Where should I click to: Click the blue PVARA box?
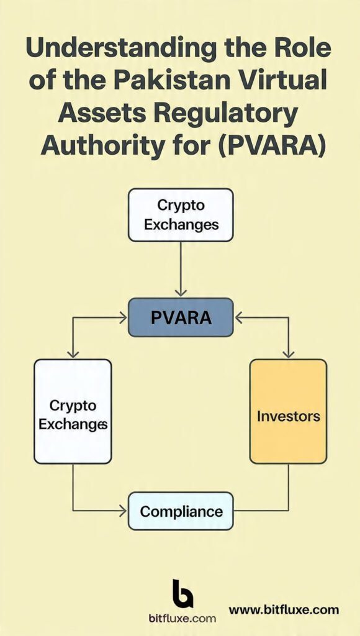point(181,317)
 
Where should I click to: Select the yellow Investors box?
point(288,411)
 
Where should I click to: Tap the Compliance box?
point(181,511)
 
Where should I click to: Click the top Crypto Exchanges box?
point(181,215)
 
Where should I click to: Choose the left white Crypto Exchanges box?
point(73,411)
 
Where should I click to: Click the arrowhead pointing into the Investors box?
point(288,353)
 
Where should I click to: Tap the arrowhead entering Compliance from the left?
point(123,511)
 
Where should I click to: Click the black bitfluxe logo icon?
point(182,593)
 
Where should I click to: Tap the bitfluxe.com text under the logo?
point(182,618)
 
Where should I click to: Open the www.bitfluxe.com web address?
point(284,609)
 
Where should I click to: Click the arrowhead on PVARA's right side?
point(238,317)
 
